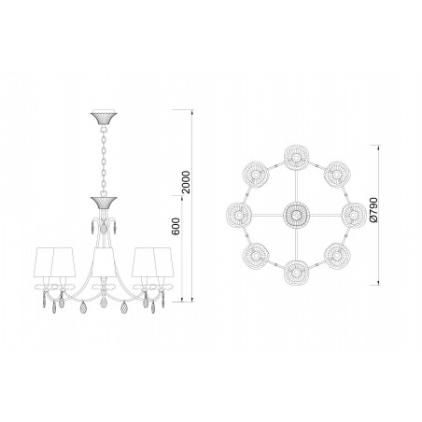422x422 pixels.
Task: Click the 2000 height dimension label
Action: click(x=186, y=182)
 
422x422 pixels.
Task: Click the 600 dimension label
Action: click(x=176, y=226)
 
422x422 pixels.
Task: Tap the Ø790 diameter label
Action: click(x=373, y=210)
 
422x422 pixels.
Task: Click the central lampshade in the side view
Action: click(x=103, y=261)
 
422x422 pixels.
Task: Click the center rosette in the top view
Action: click(x=296, y=215)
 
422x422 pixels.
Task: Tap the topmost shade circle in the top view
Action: click(x=297, y=158)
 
